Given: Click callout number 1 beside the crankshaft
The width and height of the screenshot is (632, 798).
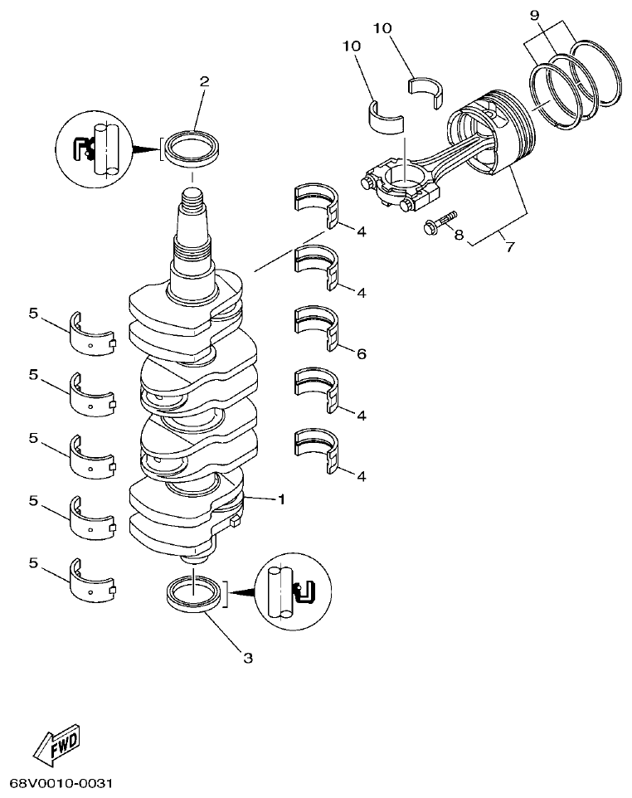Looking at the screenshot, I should [281, 499].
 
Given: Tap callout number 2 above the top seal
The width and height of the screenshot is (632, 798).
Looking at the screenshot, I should [204, 81].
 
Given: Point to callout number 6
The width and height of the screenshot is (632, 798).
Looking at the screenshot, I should [361, 354].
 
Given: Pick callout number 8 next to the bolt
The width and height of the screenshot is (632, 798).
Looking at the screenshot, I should [458, 235].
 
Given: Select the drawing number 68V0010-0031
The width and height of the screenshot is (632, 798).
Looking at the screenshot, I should [61, 783].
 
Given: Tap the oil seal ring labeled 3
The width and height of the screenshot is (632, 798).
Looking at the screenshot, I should [194, 596].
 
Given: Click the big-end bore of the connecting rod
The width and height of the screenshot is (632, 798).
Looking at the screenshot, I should [401, 177].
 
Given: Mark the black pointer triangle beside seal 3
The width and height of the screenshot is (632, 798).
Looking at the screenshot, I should [241, 592].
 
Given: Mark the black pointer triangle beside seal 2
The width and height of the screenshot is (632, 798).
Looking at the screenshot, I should [148, 150].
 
